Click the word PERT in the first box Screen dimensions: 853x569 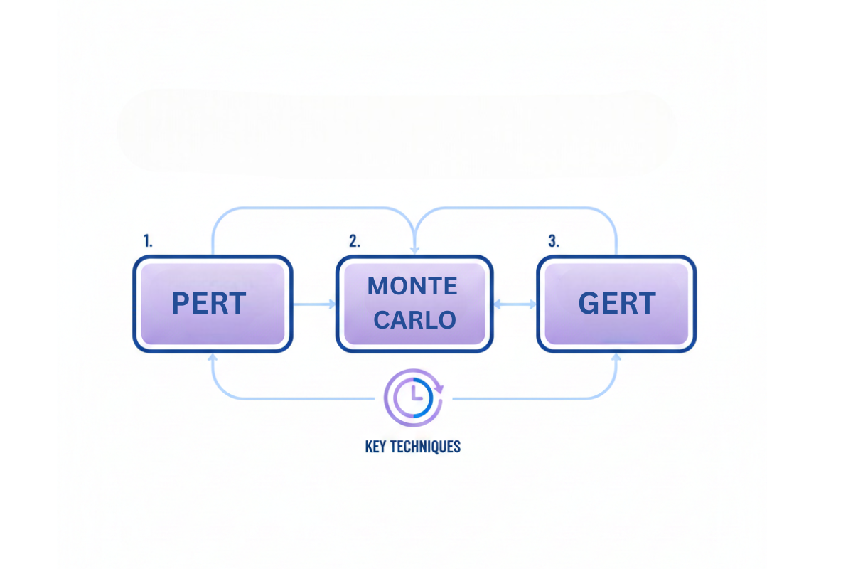[209, 304]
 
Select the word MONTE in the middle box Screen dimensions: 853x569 [412, 286]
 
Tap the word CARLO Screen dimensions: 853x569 [415, 320]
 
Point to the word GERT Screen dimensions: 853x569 [616, 304]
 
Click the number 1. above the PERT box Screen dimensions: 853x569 [148, 241]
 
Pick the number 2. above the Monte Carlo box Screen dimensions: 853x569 [354, 241]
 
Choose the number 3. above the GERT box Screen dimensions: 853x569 [553, 241]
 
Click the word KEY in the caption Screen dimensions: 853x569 [376, 447]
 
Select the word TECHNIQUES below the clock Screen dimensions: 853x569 [425, 447]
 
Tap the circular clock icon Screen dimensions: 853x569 [413, 396]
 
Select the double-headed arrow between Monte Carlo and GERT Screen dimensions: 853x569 [515, 304]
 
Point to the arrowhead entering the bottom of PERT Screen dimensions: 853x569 [212, 357]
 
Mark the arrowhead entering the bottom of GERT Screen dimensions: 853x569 [616, 357]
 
